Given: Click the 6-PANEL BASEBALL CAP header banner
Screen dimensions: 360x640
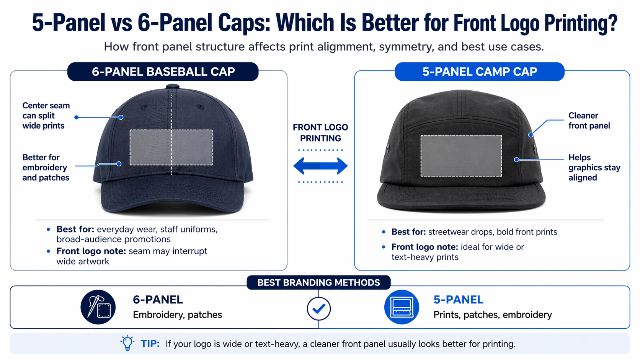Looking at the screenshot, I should point(163,72).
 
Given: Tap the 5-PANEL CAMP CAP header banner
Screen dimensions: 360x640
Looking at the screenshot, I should point(479,72).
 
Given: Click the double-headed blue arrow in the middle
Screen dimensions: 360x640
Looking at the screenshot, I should point(320,166).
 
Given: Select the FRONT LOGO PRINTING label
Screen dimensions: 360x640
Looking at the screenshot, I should point(320,133).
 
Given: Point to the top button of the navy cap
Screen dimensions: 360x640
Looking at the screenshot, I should point(173,86).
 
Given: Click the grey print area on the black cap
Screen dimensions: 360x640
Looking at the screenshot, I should point(461,156).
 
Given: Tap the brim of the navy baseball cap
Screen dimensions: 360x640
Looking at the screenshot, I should point(172,199).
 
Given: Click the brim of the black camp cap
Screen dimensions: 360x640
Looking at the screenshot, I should point(461,197).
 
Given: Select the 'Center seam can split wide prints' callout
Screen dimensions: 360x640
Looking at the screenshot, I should point(46,116).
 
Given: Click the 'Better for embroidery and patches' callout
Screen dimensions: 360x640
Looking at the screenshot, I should point(46,168).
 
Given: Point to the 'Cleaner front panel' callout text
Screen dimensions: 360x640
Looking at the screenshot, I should point(589,121).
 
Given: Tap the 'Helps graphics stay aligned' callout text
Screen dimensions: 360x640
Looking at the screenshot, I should point(594,168).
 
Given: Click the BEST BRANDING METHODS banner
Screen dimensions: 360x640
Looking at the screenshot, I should point(318,283).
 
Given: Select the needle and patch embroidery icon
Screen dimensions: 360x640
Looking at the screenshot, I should point(98,307).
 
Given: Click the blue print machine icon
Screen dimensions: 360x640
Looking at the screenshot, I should point(402,307).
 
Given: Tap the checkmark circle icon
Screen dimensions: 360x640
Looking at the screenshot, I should point(319,309).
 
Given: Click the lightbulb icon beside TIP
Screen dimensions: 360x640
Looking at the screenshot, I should point(127,343).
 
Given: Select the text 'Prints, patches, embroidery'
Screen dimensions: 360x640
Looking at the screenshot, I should point(493,315).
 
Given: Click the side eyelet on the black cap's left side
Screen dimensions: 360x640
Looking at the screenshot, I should point(388,147).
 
